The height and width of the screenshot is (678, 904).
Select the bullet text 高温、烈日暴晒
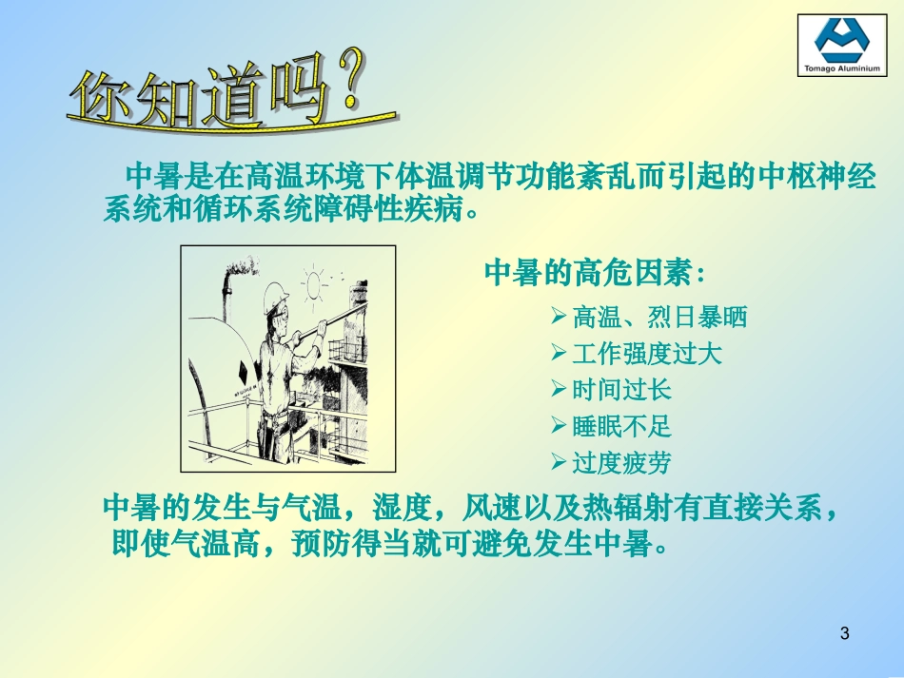coord(659,317)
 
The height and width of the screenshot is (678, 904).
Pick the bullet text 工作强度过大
coord(647,354)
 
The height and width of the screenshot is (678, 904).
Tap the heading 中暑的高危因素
coord(595,273)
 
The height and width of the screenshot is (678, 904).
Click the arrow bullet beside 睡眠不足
coord(560,426)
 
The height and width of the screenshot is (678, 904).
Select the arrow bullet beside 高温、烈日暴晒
coord(560,316)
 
